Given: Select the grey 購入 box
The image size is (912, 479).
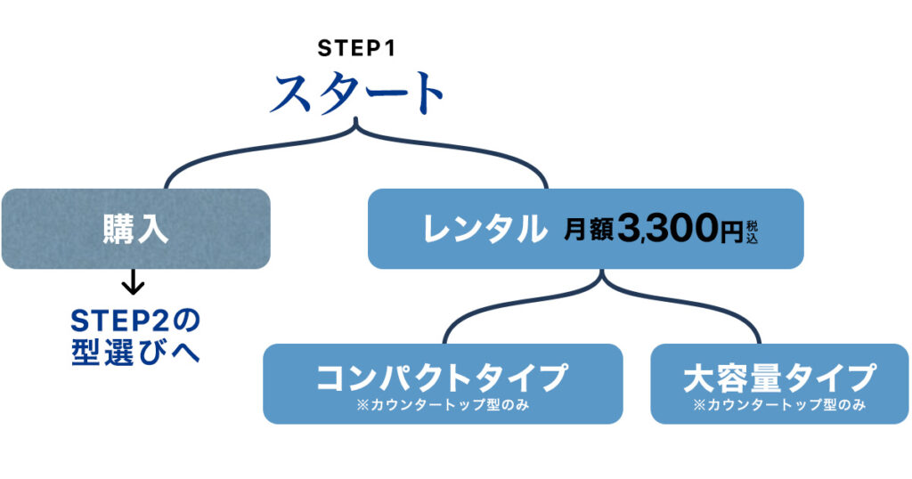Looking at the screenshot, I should coord(135,229).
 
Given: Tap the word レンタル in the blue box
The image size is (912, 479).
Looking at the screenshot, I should coord(484,230).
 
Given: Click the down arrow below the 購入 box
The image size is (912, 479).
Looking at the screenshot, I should coord(133,282).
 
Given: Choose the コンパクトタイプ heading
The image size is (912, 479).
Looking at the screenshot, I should coord(442,378).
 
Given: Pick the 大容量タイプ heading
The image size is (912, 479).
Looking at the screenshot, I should coord(779,378).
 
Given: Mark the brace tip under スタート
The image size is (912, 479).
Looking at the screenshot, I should coord(357,124).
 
